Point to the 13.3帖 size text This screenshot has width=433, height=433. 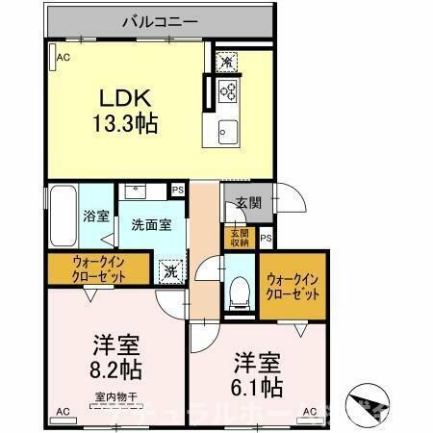[126, 123]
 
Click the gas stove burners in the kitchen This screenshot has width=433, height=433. [229, 92]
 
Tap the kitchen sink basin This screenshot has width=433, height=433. [228, 131]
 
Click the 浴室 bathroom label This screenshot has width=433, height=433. [96, 216]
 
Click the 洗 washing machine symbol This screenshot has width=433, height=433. [170, 272]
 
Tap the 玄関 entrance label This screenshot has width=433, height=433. [247, 203]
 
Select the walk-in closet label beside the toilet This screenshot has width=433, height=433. [293, 285]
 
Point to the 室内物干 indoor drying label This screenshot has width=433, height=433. [116, 396]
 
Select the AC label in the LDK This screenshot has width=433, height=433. [64, 59]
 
